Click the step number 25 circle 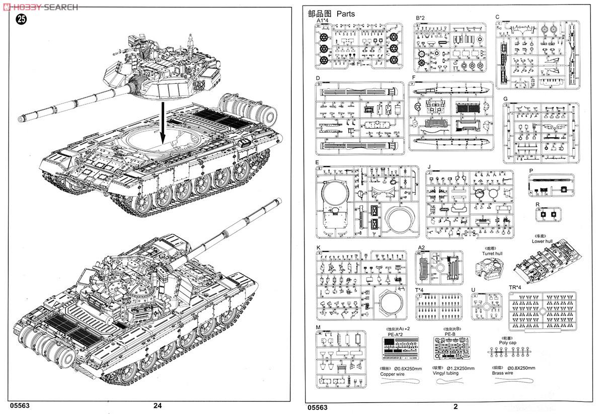[21, 20]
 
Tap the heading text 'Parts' [345, 14]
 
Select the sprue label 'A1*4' [322, 21]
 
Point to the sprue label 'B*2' [421, 18]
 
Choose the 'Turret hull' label [492, 254]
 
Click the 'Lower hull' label [542, 241]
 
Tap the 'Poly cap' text [507, 343]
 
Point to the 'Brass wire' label [502, 373]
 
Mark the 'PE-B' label [450, 334]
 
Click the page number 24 [158, 406]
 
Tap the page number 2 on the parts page [456, 407]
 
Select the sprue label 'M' [318, 328]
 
